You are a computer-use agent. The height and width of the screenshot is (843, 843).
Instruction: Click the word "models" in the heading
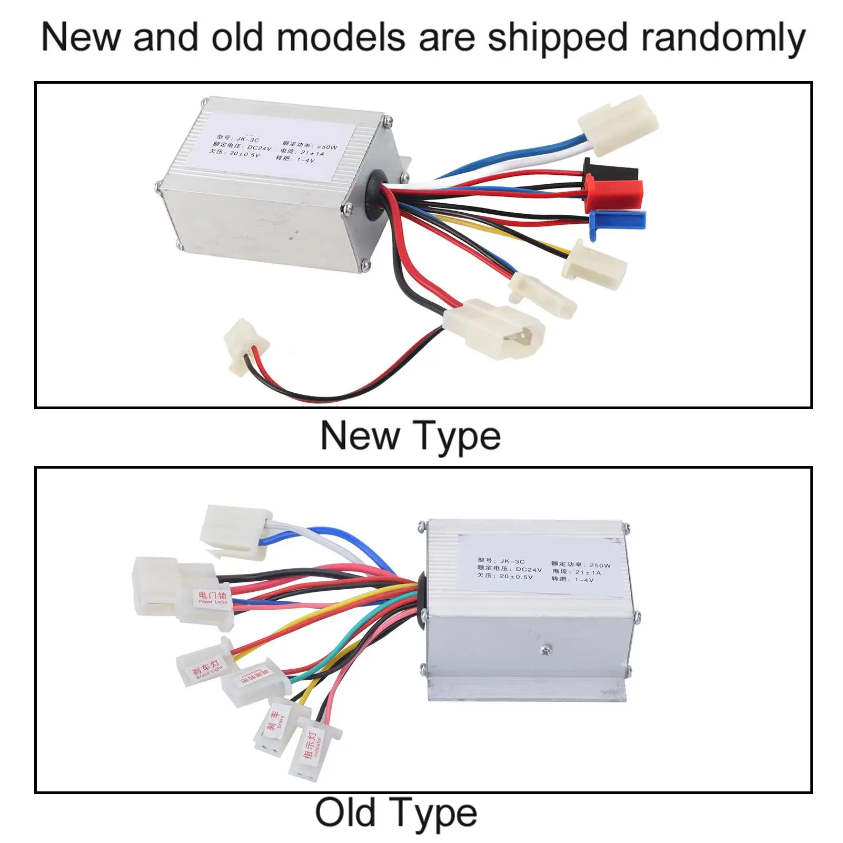(342, 38)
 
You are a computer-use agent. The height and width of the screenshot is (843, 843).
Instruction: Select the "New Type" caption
(410, 437)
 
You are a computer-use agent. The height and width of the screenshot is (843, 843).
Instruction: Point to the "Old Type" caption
(396, 814)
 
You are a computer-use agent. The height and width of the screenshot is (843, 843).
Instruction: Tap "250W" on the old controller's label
(600, 565)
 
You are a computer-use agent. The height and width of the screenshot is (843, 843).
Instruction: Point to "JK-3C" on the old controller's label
(512, 561)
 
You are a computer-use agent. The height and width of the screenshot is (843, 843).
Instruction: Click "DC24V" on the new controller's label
(259, 148)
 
